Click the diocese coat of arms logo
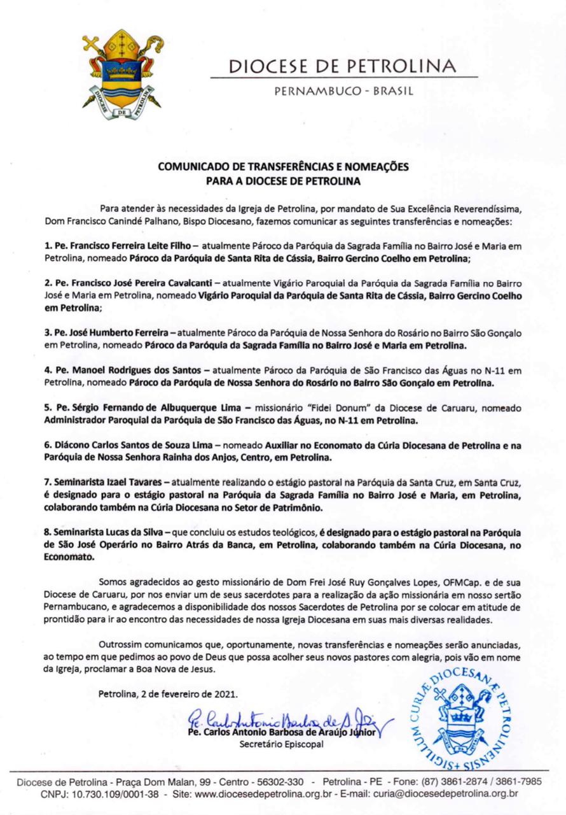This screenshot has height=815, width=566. [x=121, y=74]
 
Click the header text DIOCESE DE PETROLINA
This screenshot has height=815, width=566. [x=342, y=66]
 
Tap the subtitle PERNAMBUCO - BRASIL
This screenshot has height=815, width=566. [x=343, y=91]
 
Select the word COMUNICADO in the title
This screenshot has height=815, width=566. [x=192, y=167]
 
